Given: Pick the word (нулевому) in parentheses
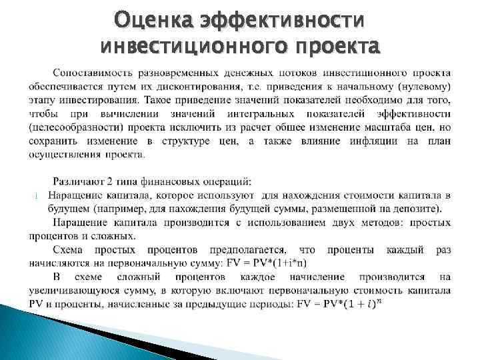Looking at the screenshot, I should pos(416,87).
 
